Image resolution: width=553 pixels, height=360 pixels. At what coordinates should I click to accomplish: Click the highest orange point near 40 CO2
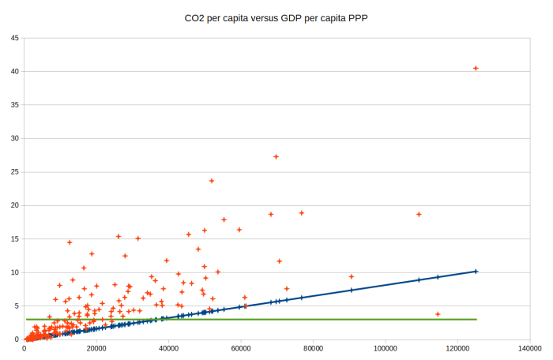pos(476,69)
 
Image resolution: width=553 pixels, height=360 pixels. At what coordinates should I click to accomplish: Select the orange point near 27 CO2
pos(276,156)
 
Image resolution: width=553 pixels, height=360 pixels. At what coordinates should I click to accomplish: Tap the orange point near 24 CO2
pos(212,181)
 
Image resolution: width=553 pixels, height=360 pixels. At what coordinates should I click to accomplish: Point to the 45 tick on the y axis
pos(15,38)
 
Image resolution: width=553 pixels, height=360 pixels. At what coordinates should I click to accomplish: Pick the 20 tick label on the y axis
pos(15,205)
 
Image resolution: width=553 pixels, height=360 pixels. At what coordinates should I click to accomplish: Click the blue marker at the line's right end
pos(476,271)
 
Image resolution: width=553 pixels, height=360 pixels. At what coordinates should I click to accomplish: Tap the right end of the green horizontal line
pos(476,319)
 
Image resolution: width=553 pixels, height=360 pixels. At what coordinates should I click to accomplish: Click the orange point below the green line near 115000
pos(438,314)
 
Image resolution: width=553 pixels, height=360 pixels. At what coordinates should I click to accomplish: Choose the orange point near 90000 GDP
pos(352,276)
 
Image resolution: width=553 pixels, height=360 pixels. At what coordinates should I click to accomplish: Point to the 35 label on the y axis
pos(15,105)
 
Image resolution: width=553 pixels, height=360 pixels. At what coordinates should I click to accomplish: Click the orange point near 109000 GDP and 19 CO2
pos(419,214)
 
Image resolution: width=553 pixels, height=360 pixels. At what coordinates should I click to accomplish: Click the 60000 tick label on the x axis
pos(241,347)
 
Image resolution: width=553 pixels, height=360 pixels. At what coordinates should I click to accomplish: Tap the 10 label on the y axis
pos(15,272)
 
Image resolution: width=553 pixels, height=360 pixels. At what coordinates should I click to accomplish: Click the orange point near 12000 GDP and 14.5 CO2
pos(70,242)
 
